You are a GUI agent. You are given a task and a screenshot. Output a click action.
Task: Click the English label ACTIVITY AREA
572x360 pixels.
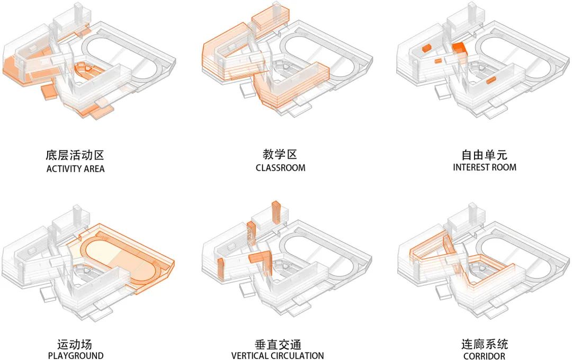[75, 169]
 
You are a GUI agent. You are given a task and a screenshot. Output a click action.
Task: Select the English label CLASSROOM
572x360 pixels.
[280, 168]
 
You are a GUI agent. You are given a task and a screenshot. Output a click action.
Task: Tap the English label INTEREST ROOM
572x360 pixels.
[484, 167]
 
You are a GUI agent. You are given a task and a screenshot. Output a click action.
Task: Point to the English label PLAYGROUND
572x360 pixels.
[75, 356]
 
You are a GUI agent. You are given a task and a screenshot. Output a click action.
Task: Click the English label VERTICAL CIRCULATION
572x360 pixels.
[278, 356]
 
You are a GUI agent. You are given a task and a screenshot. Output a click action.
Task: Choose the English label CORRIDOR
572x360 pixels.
[484, 356]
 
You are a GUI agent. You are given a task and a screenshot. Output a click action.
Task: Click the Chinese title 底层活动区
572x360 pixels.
[75, 155]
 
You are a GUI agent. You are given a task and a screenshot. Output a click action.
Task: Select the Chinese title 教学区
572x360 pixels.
[280, 155]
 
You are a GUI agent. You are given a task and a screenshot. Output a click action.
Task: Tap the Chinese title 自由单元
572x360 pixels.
[484, 155]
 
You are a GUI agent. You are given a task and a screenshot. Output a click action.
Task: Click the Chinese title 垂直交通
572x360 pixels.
[278, 344]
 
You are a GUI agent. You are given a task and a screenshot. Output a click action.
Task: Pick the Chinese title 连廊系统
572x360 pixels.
[484, 344]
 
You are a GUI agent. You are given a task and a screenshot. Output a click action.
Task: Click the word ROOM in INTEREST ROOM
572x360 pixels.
[504, 167]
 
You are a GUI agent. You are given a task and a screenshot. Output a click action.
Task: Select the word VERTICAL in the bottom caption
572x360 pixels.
[251, 356]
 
